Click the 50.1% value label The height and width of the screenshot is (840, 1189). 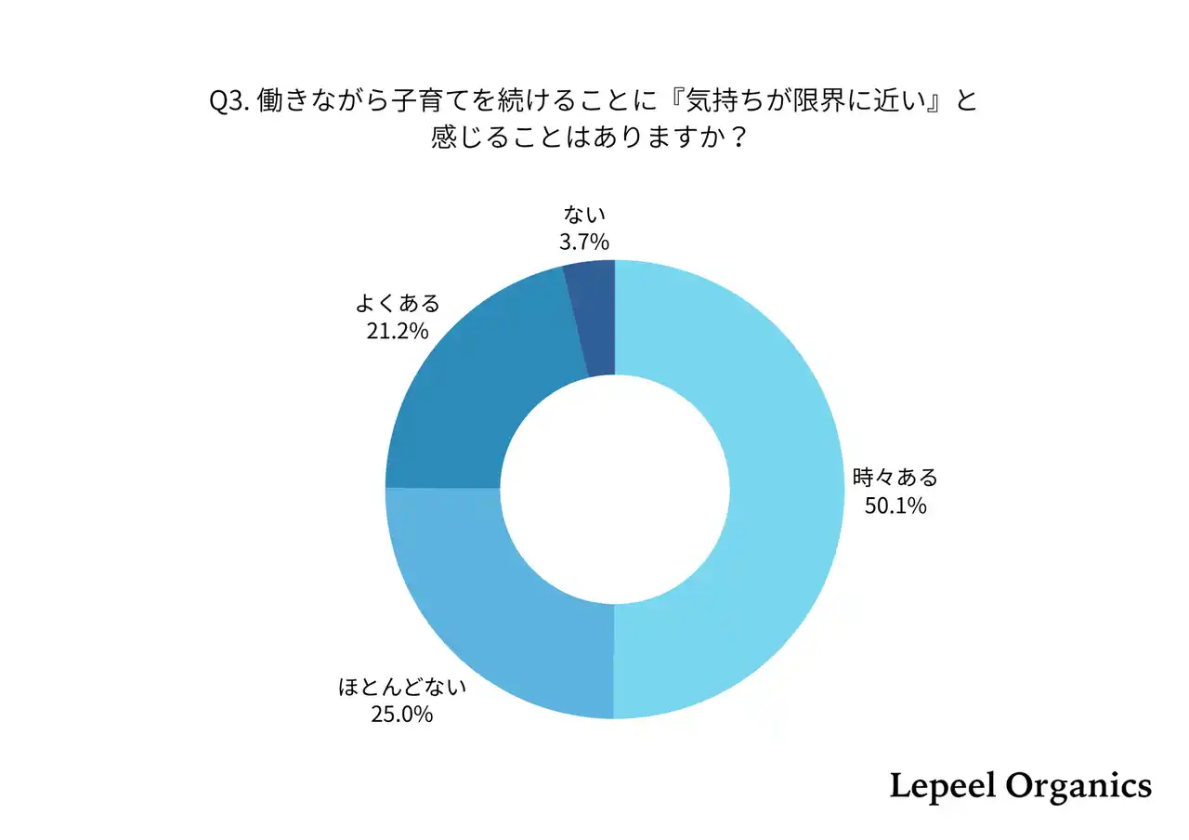(895, 507)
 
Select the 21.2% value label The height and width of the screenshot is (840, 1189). (397, 331)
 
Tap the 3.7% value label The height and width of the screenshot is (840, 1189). (585, 243)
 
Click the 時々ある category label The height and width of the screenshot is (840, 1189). (895, 479)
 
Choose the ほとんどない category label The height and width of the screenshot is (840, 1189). (401, 688)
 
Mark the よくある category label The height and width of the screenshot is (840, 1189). (397, 304)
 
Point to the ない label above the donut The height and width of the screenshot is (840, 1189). (585, 216)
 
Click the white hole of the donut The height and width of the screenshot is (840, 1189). (614, 490)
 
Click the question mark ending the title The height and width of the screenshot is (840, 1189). (738, 139)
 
